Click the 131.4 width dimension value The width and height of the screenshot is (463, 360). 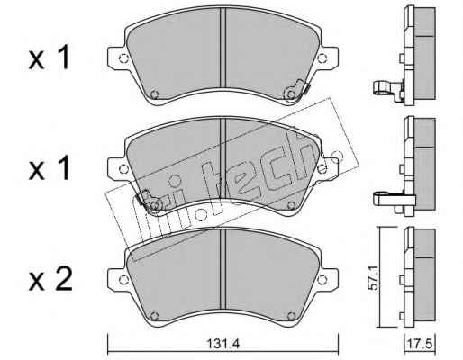222,344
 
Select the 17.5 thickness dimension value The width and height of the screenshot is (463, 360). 419,344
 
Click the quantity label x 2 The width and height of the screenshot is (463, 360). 50,280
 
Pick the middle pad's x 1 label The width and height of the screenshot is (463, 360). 50,168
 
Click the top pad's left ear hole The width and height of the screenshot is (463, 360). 123,58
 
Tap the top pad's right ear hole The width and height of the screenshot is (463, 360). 322,58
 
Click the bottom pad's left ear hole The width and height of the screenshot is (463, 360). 123,280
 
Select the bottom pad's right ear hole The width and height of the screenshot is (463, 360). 322,280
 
